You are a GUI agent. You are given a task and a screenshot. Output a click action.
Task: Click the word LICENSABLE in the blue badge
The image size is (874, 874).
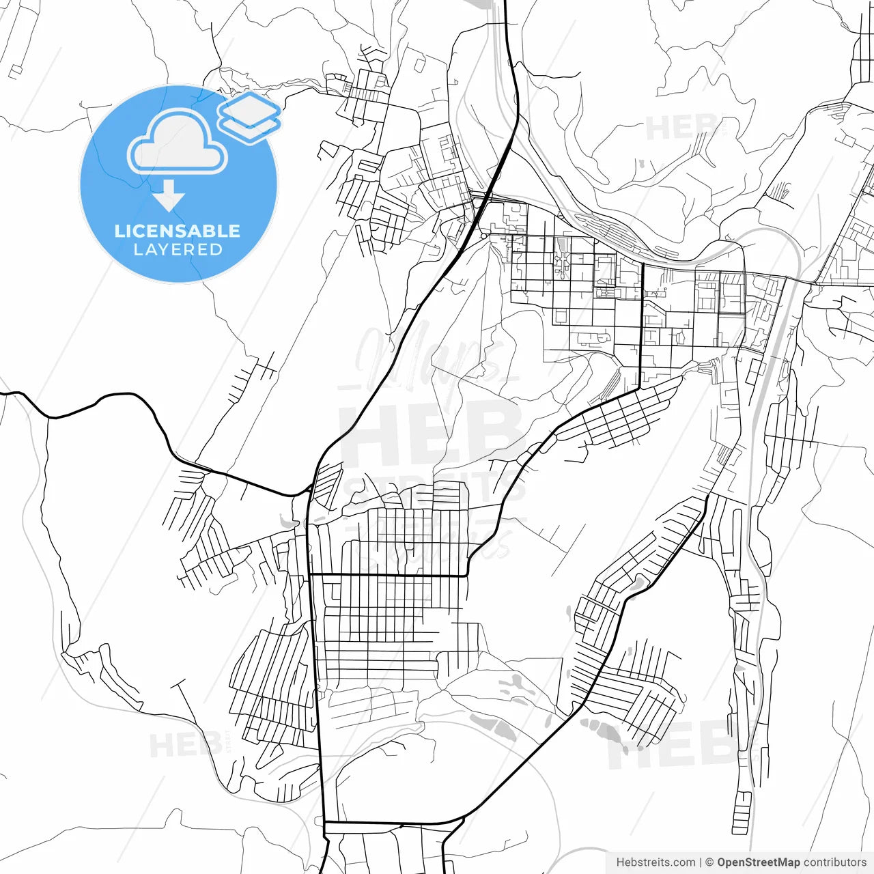click(x=178, y=231)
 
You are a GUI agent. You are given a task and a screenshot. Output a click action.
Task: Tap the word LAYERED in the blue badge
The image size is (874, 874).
click(x=178, y=250)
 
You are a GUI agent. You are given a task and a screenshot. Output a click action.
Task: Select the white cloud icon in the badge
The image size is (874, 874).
click(x=178, y=142)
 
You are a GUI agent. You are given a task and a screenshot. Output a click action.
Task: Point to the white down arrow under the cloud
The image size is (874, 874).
click(x=168, y=197)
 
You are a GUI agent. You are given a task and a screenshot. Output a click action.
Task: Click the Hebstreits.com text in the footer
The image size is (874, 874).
click(x=655, y=862)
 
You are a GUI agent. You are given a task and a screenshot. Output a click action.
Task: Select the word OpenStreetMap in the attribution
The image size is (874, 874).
click(x=758, y=862)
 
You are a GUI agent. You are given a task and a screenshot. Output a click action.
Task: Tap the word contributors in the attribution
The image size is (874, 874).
click(x=834, y=862)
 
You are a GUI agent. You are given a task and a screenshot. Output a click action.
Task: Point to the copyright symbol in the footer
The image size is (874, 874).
click(x=709, y=862)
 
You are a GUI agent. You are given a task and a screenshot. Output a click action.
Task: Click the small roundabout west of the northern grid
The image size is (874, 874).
click(x=483, y=236)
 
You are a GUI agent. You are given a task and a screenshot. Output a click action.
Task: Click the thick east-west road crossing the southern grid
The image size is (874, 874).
click(x=389, y=576)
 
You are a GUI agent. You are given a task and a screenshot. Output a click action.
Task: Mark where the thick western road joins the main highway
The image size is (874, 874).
click(x=309, y=489)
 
